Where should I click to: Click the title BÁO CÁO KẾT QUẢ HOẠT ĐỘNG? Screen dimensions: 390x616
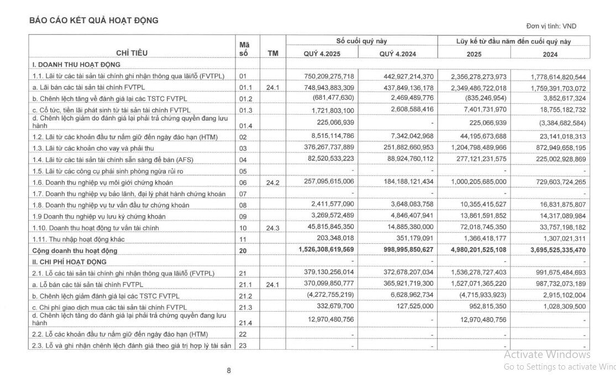tap(94, 20)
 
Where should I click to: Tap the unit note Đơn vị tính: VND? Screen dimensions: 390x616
tap(551, 26)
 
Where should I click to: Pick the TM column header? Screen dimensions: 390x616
tap(272, 54)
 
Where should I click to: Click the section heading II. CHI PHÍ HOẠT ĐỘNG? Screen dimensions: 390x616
tap(69, 261)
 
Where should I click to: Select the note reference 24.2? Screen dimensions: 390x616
tap(272, 183)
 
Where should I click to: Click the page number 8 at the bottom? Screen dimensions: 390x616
tap(229, 371)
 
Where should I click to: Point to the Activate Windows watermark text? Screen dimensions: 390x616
tap(547, 355)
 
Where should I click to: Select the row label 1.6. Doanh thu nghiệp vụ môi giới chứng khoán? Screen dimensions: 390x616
tap(110, 183)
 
